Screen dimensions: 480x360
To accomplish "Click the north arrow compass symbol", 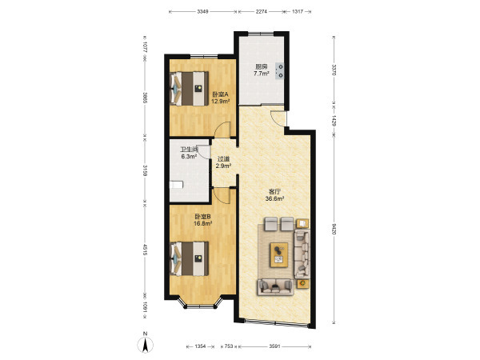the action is [x=145, y=344].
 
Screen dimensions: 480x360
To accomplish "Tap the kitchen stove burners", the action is [x=280, y=71].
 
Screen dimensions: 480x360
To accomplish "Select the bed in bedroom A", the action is [x=189, y=89].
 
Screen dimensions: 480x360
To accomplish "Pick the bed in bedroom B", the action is [x=189, y=258].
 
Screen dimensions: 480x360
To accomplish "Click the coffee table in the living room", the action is [x=279, y=255].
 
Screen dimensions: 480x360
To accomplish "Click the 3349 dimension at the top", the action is [x=202, y=12].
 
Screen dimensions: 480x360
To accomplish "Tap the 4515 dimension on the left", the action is [x=145, y=250].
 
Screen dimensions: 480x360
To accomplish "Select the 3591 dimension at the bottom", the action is [x=275, y=346].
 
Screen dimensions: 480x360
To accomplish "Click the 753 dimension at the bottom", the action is [x=229, y=346].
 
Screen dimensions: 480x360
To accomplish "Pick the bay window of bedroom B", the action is [x=200, y=302].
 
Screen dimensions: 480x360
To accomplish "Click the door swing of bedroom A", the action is [x=222, y=130].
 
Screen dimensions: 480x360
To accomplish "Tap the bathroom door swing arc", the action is [x=203, y=152].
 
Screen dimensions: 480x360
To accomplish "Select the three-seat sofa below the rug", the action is [x=275, y=287].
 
